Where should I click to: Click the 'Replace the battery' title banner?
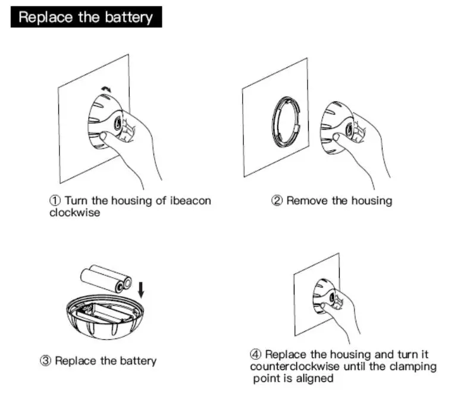(x=86, y=17)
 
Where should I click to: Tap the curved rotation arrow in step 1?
(x=106, y=88)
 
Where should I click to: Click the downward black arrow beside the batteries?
(x=141, y=290)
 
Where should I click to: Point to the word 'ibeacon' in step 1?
(x=190, y=200)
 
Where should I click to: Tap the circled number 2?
(x=277, y=200)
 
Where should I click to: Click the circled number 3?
(x=45, y=361)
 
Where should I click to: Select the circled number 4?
(x=255, y=355)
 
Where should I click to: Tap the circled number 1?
(x=55, y=200)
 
